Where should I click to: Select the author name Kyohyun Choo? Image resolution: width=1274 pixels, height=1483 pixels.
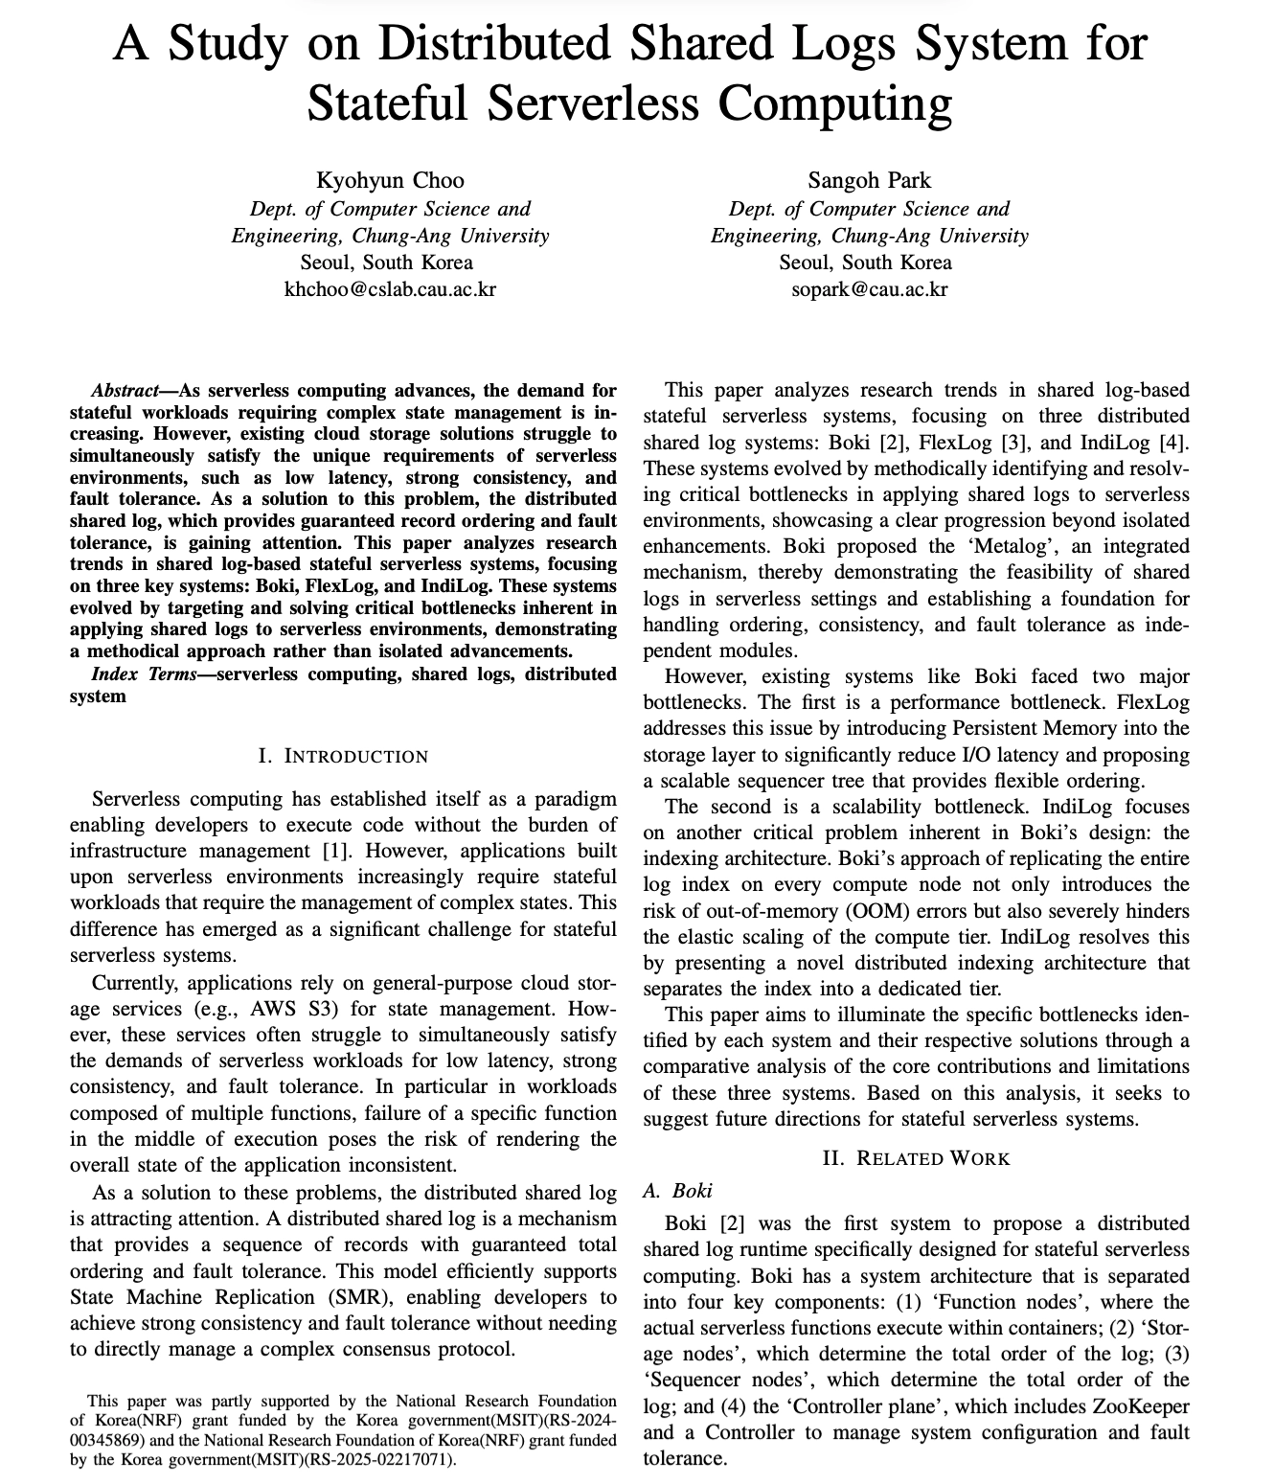[390, 180]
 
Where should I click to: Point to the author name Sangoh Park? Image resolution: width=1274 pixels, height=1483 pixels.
[869, 180]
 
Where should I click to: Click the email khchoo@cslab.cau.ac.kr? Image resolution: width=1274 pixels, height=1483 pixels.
[390, 288]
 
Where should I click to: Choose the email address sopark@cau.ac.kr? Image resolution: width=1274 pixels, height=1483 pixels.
[869, 288]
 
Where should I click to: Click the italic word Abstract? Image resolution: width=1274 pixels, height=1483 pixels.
[124, 391]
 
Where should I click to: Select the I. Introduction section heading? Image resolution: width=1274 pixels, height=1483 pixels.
[343, 756]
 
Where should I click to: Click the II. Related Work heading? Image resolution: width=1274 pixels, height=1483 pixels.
[916, 1158]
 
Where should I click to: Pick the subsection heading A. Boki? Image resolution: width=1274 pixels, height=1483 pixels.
[678, 1191]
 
